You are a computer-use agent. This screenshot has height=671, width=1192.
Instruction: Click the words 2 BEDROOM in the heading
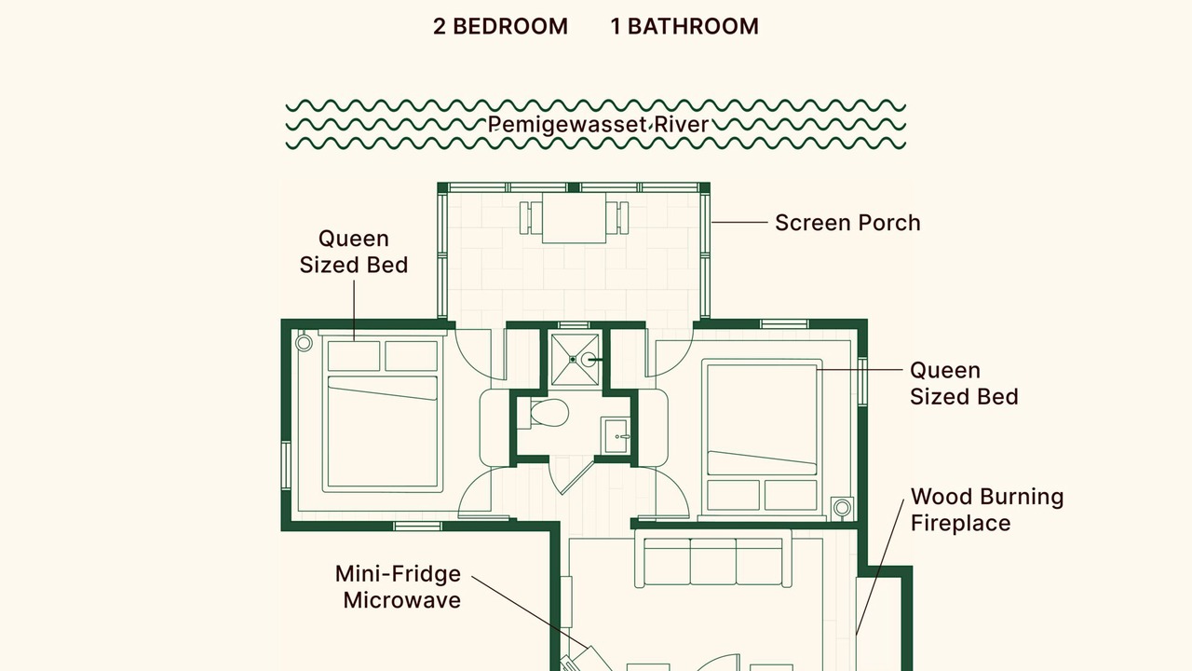[x=500, y=27]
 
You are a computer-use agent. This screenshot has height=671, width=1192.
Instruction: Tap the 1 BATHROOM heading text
[x=684, y=27]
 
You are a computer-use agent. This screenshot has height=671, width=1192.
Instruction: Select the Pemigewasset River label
[x=598, y=125]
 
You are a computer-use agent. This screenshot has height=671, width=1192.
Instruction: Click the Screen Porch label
[x=847, y=223]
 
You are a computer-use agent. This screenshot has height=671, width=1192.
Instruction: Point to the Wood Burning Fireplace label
[x=987, y=510]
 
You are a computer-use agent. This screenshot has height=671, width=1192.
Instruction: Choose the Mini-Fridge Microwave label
[x=398, y=587]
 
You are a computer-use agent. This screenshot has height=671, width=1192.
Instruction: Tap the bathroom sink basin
[x=616, y=435]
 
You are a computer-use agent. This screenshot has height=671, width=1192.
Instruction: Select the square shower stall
[x=575, y=359]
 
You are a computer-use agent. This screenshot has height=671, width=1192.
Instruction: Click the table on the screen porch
[x=574, y=218]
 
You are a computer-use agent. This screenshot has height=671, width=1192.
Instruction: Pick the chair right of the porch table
[x=617, y=217]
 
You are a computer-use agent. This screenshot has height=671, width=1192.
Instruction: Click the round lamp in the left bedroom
[x=304, y=343]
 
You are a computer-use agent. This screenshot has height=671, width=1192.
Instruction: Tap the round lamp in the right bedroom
[x=842, y=508]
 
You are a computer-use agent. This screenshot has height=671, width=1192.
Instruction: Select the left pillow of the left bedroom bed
[x=354, y=356]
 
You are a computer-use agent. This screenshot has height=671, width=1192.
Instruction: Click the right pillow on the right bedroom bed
[x=791, y=495]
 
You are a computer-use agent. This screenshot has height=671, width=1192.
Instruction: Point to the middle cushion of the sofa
[x=713, y=561]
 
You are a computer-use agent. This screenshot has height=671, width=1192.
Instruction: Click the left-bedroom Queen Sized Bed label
[x=354, y=252]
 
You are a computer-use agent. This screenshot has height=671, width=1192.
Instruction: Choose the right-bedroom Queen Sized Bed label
[x=964, y=383]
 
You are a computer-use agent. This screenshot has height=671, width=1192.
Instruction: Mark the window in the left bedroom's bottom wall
[x=417, y=527]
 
